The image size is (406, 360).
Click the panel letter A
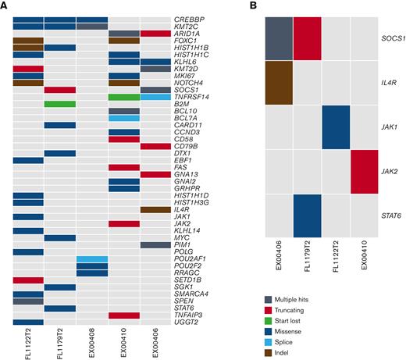5,6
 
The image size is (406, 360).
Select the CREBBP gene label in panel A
187,19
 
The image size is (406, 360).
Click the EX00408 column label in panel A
92,344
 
